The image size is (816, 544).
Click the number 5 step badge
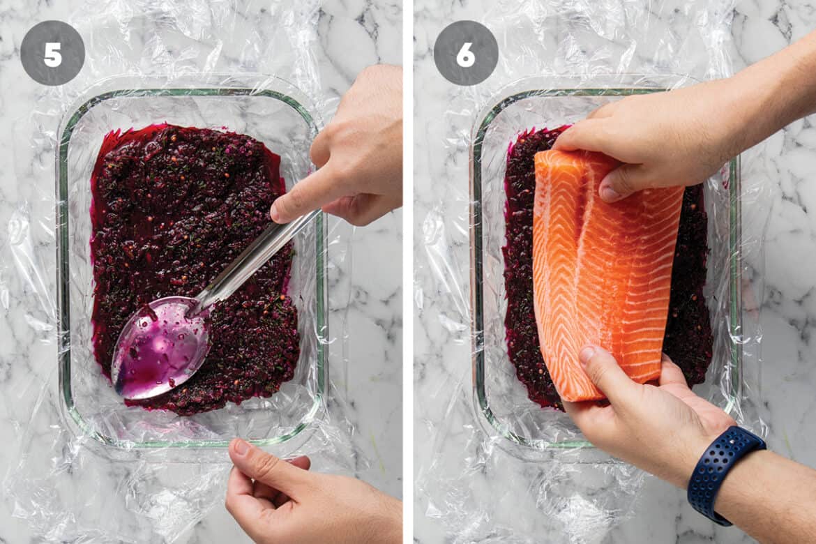(52, 53)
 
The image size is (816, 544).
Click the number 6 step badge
(466, 53)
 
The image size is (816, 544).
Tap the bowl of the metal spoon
(158, 347)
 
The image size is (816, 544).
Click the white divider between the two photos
(408, 272)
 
